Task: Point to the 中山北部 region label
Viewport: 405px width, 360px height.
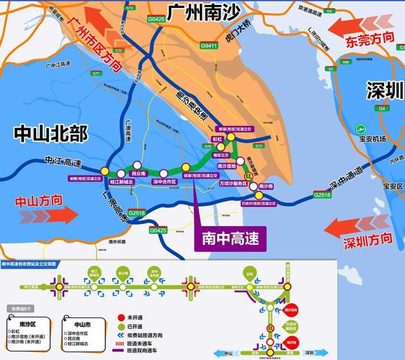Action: coord(50,133)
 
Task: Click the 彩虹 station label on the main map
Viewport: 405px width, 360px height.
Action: coord(217,139)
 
